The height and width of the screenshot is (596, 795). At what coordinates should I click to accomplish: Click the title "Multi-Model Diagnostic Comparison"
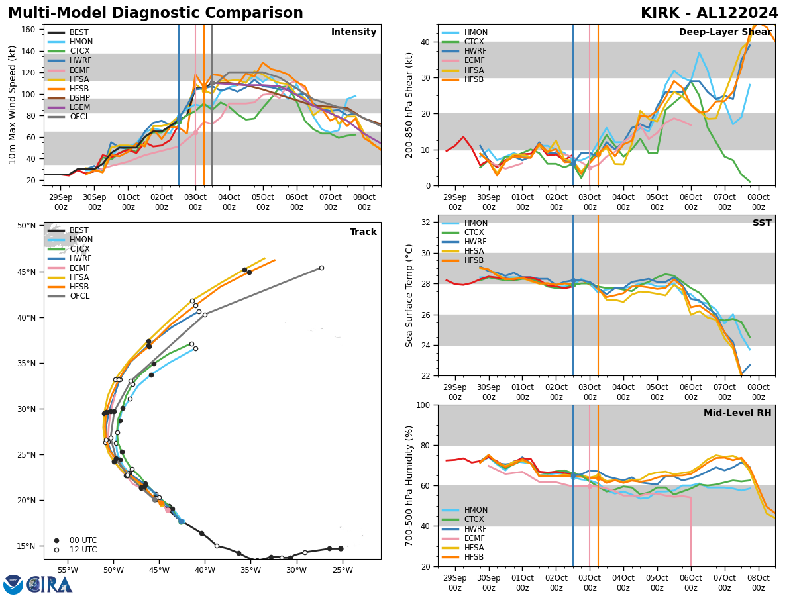pos(156,13)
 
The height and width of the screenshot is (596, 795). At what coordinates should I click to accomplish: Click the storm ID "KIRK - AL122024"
pos(710,13)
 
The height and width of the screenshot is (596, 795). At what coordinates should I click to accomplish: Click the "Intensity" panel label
pos(353,32)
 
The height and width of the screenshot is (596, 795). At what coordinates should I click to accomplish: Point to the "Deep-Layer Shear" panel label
pos(725,32)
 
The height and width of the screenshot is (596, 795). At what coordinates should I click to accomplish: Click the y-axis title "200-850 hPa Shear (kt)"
pos(409,105)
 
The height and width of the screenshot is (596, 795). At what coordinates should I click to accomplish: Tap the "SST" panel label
pos(761,223)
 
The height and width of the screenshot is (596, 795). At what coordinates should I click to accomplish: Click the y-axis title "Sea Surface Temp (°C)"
pos(409,295)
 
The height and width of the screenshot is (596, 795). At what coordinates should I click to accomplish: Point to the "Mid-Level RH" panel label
pos(737,413)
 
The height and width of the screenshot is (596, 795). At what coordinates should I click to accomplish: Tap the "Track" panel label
pos(363,232)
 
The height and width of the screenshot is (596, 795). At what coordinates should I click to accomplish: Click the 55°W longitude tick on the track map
pos(67,570)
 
